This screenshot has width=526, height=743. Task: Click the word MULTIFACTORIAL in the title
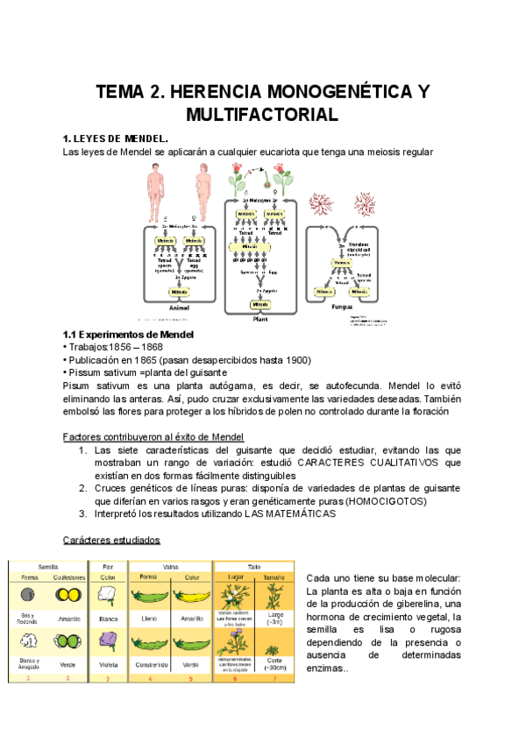tap(262, 114)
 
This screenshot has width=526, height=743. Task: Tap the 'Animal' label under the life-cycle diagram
tap(179, 308)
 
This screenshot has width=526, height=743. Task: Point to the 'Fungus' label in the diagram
tap(345, 307)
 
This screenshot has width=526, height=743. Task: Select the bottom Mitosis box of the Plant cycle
tap(261, 305)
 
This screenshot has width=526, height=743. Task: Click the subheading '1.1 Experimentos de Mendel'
tap(128, 336)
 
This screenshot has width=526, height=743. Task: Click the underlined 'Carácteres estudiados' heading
tap(111, 540)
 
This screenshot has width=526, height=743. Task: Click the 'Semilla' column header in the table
tap(47, 566)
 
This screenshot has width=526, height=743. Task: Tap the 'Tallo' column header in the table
tap(254, 566)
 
